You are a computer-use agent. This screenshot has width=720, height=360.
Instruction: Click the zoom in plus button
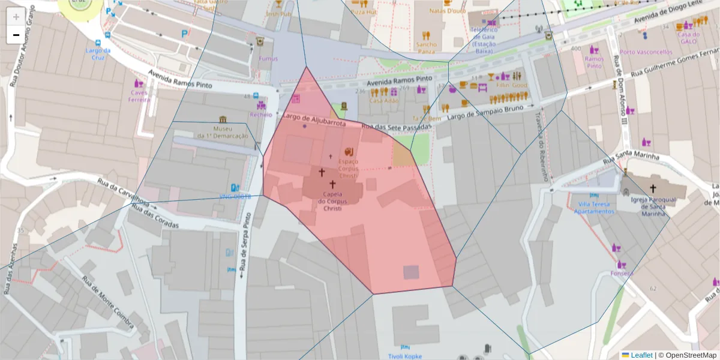16,16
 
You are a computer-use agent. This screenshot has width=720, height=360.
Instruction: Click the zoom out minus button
16,35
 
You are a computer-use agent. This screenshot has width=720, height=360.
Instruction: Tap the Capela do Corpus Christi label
332,201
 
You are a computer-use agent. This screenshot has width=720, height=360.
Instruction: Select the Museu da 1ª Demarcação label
223,132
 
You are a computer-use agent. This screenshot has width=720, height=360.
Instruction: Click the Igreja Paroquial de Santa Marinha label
653,206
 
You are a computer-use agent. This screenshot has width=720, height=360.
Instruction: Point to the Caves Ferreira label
139,96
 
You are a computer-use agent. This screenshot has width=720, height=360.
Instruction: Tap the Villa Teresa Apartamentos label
593,208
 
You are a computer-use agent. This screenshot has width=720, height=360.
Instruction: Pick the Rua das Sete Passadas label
397,127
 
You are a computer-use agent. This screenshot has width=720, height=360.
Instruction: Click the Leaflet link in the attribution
641,355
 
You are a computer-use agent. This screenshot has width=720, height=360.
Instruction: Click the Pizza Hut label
364,11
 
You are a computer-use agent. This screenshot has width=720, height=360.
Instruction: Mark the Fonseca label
622,273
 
